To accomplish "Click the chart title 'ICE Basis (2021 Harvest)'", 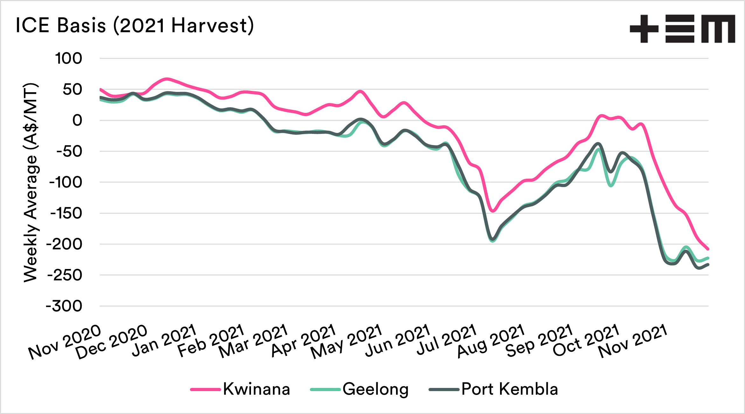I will click(x=135, y=25).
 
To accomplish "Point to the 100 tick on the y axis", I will click(x=68, y=59).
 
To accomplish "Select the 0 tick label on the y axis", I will click(x=77, y=121).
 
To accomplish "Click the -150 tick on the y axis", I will click(x=66, y=213).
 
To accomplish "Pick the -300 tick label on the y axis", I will click(x=64, y=306).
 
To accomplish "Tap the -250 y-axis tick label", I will click(x=65, y=275).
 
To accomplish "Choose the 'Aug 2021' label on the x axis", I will click(x=491, y=341).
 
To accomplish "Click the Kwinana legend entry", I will click(x=240, y=389).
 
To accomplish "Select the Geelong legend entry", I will click(x=359, y=389).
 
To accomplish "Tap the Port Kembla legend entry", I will click(x=493, y=389).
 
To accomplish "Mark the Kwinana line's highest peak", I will click(x=166, y=79).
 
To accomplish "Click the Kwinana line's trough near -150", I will click(x=493, y=211).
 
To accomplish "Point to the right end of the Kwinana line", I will click(x=708, y=249).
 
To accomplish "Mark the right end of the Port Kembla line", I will click(x=708, y=265).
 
